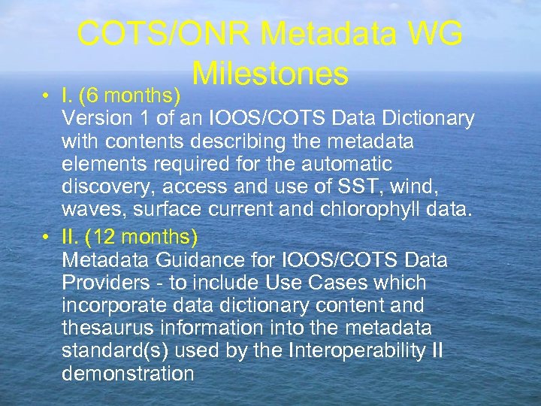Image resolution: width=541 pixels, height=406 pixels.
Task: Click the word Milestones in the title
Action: pyautogui.click(x=270, y=74)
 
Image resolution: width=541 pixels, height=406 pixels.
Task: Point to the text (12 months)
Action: pyautogui.click(x=141, y=238)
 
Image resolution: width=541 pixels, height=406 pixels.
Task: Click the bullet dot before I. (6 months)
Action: pyautogui.click(x=47, y=97)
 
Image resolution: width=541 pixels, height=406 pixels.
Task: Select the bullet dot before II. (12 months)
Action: pyautogui.click(x=47, y=238)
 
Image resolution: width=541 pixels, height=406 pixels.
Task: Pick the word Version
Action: pyautogui.click(x=93, y=119)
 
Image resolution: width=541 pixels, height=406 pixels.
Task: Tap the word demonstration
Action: pyautogui.click(x=128, y=373)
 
